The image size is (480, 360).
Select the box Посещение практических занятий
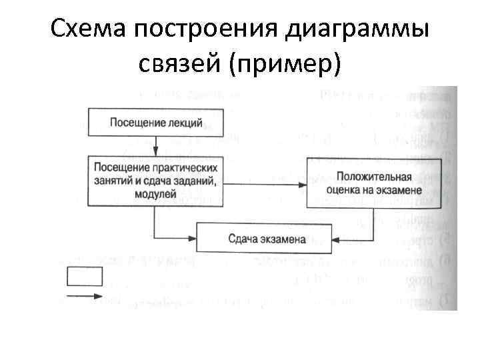(155, 179)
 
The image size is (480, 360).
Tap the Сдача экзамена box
(266, 238)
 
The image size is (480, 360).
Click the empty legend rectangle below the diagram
(85, 276)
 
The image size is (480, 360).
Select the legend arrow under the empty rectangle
(85, 296)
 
